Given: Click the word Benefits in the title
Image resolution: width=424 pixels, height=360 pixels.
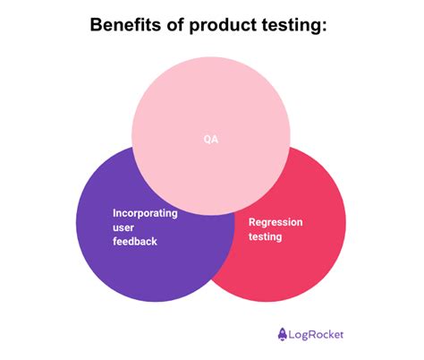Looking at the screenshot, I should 128,25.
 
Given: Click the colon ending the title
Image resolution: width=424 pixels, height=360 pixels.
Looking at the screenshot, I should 330,27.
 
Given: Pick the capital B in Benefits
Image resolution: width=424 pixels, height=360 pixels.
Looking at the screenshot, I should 97,25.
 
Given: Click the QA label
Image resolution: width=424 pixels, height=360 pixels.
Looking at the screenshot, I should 211,139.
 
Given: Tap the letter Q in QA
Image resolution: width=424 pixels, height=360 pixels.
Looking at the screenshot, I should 208,139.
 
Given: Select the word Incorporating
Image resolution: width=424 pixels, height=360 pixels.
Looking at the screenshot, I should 145,213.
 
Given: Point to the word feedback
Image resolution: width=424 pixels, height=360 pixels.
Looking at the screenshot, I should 135,242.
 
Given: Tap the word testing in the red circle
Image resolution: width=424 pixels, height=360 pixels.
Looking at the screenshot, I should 266,236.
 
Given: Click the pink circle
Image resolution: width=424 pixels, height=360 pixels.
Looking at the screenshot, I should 211,99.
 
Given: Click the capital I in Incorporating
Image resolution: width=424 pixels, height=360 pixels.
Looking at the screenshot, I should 114,213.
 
